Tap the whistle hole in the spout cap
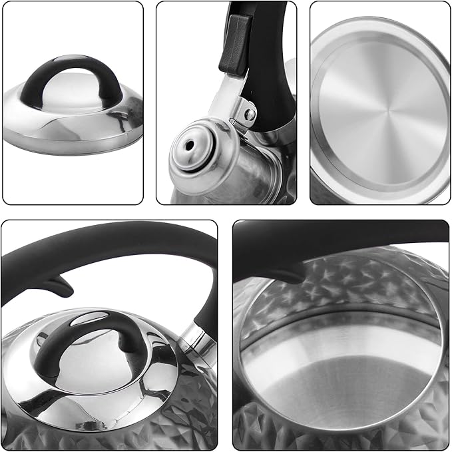pos(190,144)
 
